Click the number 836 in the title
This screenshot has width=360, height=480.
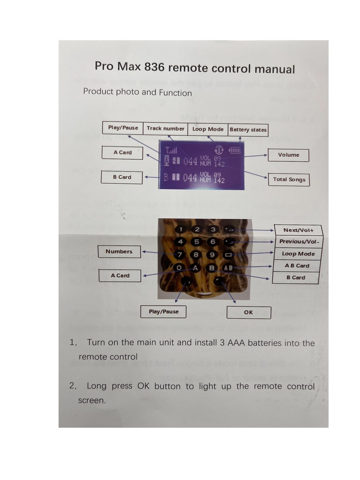pos(154,67)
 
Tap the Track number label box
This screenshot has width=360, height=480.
pos(165,129)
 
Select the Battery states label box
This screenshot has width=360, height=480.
pos(248,130)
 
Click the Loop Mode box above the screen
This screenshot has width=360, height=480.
pos(208,129)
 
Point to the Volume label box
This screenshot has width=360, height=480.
pos(288,155)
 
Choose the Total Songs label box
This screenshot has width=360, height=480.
pos(289,180)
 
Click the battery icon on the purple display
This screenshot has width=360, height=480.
pos(235,150)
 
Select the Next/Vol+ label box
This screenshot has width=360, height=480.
pos(298,230)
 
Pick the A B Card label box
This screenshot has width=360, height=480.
pos(297,266)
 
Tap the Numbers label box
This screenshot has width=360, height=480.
pos(119,252)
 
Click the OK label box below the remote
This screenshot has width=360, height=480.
pos(249,312)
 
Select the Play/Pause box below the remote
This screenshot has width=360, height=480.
pos(163,312)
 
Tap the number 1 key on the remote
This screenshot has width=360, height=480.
pos(181,229)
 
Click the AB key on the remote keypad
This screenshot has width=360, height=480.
pos(228,268)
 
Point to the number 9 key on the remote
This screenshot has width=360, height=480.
pos(212,255)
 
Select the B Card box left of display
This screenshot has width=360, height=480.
pos(122,177)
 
